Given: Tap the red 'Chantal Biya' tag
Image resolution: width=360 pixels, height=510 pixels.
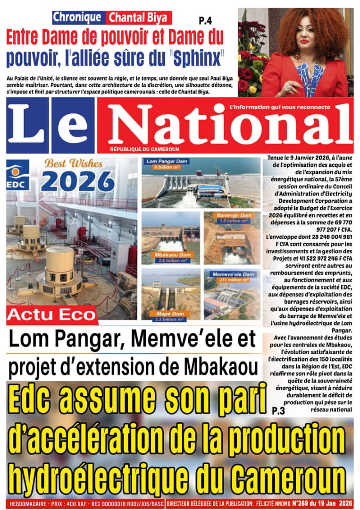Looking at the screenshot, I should pyautogui.click(x=139, y=18).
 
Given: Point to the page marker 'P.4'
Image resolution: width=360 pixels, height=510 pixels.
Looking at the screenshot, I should pyautogui.click(x=205, y=21).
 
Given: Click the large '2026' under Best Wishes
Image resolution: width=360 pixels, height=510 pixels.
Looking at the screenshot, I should pyautogui.click(x=78, y=181).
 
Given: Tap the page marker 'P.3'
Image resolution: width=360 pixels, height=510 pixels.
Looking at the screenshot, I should pyautogui.click(x=278, y=411).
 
